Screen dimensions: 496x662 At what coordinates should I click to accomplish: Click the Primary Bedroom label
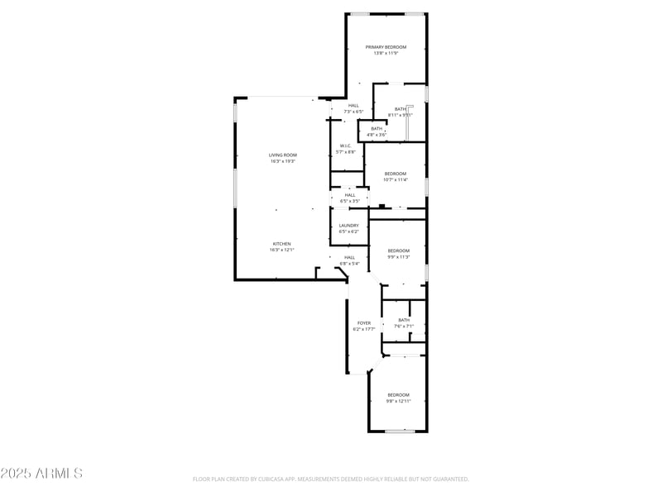click(x=386, y=47)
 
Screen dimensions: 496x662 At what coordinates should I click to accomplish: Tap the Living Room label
click(x=282, y=155)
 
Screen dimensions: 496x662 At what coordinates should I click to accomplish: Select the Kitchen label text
click(x=282, y=243)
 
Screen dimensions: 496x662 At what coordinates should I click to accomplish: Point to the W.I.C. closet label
click(x=346, y=145)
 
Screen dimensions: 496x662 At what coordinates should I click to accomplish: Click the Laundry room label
click(x=348, y=225)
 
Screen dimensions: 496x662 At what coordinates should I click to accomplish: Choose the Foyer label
click(x=364, y=322)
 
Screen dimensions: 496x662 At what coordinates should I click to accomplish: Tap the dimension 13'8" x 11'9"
click(x=386, y=54)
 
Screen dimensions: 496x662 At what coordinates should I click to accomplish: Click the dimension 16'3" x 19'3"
click(x=282, y=161)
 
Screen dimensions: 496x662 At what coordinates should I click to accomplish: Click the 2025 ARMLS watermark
click(x=41, y=474)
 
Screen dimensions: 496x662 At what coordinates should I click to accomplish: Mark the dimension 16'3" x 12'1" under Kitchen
click(x=282, y=250)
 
